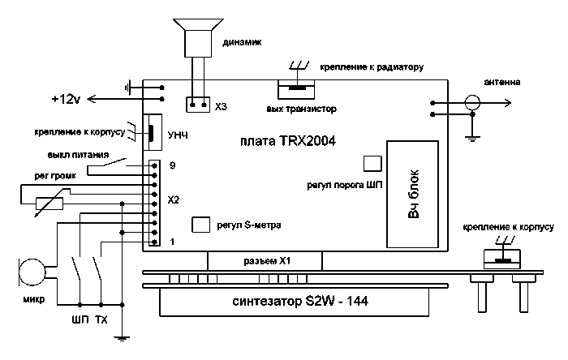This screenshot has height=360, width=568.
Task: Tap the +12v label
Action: click(65, 99)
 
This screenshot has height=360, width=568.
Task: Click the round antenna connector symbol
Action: click(471, 102)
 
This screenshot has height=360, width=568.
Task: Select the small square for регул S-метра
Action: click(200, 225)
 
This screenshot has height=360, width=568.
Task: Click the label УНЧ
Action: click(176, 134)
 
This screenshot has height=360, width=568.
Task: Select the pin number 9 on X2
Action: click(173, 165)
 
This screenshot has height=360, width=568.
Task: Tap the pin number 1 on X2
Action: click(173, 242)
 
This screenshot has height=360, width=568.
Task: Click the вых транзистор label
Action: click(301, 109)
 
